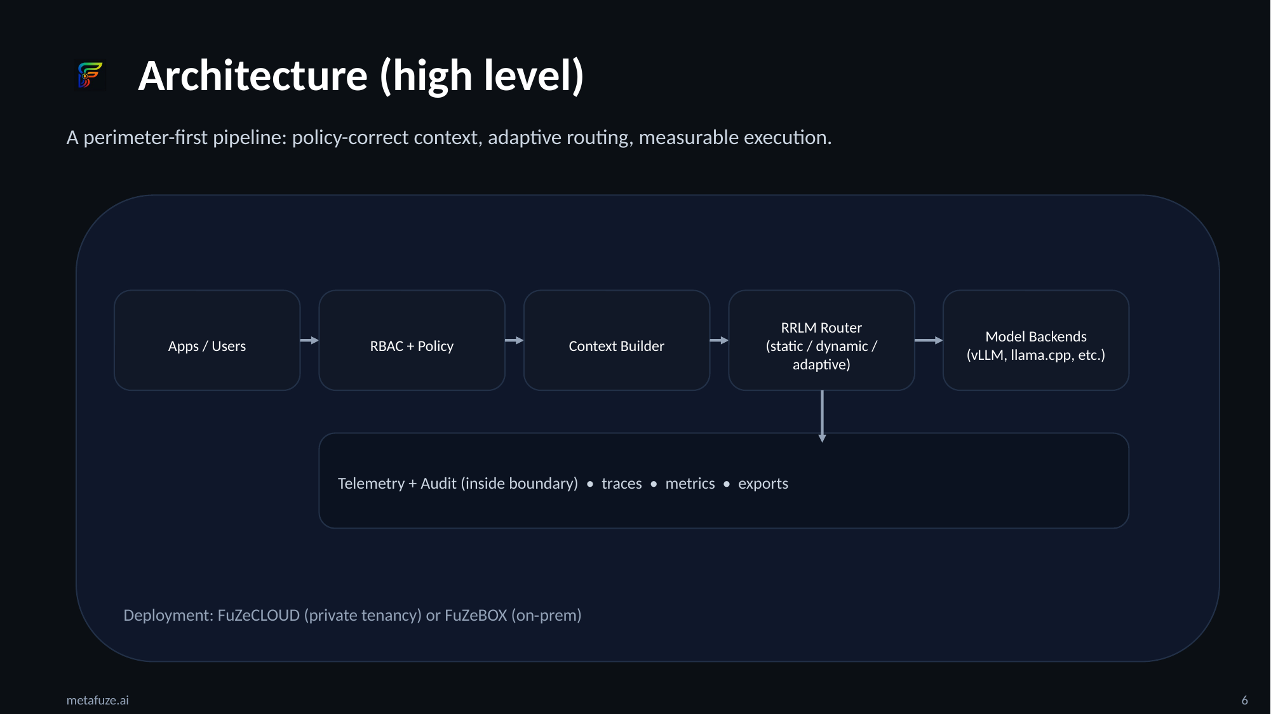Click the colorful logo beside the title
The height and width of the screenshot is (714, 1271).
(90, 75)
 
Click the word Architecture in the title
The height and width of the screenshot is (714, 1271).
(253, 76)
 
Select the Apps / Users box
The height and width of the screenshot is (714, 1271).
(207, 341)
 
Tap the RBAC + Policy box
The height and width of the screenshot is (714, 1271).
(412, 341)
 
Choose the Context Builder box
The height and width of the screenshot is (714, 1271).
(616, 341)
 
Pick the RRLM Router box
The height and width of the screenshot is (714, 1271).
(821, 341)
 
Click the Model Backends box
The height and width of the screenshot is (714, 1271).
(1036, 341)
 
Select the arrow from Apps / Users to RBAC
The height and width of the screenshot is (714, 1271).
(309, 341)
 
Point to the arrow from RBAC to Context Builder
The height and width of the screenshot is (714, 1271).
(514, 341)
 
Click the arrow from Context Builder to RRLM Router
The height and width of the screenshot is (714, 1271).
(719, 341)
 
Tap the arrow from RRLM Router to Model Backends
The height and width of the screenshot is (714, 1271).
(929, 341)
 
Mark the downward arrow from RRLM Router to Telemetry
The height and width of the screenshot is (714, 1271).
(822, 416)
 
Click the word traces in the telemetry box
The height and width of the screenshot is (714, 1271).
(622, 484)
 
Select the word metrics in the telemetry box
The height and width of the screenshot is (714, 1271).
(690, 484)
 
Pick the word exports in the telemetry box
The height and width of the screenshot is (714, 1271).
(763, 484)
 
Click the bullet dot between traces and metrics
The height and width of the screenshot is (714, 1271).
(654, 484)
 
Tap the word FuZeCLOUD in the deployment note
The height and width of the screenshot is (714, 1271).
(259, 616)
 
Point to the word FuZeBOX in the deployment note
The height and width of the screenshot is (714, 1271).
(476, 616)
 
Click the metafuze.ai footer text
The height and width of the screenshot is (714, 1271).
(98, 700)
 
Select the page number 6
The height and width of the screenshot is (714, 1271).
(1244, 700)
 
